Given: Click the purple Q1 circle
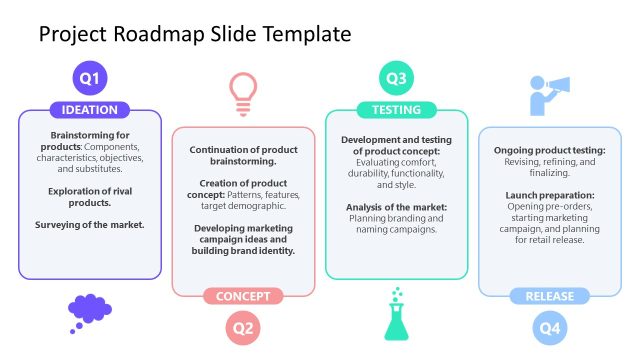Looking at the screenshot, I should click(90, 77).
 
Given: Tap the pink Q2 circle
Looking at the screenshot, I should click(243, 327).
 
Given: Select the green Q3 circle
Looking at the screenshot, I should click(396, 77).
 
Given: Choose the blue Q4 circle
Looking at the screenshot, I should click(549, 327).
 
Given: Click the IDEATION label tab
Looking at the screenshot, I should click(90, 110).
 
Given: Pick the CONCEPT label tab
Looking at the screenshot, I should click(243, 296).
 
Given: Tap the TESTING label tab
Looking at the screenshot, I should click(396, 110).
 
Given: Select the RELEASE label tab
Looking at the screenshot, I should click(549, 296).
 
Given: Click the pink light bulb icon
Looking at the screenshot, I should click(243, 88).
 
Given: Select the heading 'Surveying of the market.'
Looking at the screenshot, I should click(90, 225).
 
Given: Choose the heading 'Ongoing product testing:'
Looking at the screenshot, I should click(549, 150).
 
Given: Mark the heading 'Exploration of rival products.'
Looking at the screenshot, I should click(90, 196).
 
